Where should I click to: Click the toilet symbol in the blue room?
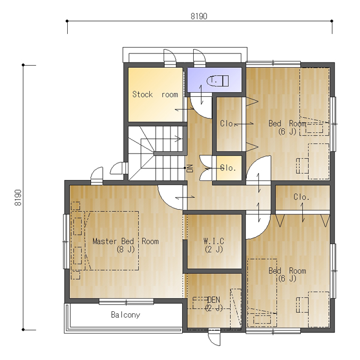218,81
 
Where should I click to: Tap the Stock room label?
155,94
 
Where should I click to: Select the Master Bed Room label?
125,241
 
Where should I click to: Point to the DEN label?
214,300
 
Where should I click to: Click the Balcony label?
125,315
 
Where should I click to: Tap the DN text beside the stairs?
191,168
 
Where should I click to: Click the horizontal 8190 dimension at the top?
199,16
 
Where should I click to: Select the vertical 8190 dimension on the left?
18,197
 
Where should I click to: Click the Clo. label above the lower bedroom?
301,197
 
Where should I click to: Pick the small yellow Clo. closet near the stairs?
229,168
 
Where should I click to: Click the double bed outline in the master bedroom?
112,240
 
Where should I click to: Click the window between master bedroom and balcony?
127,302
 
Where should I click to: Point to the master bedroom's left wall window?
66,241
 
